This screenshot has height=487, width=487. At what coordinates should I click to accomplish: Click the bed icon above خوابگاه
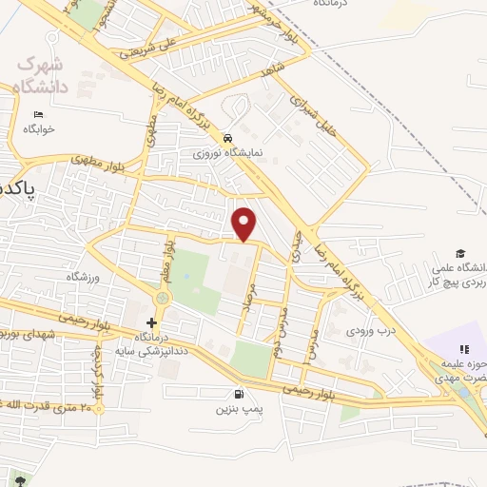tap(38, 115)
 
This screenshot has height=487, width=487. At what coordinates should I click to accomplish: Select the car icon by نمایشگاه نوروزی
tap(227, 136)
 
